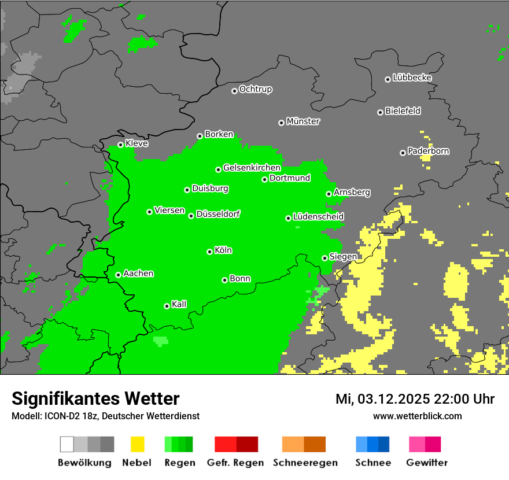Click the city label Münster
(x=303, y=121)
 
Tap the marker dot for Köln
(x=209, y=252)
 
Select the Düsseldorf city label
(x=218, y=215)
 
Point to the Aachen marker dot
(x=118, y=275)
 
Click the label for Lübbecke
(x=412, y=77)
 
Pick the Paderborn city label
(x=428, y=152)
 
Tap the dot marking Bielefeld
(x=380, y=112)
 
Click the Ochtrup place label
(x=255, y=90)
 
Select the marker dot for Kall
(x=167, y=306)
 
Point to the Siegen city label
(x=343, y=257)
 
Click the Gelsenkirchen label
(x=252, y=168)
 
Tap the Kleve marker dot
(x=120, y=145)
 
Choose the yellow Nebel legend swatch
(x=137, y=444)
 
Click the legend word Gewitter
(x=427, y=463)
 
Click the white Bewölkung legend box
(x=67, y=444)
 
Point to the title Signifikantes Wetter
(x=95, y=399)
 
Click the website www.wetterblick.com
(x=417, y=416)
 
